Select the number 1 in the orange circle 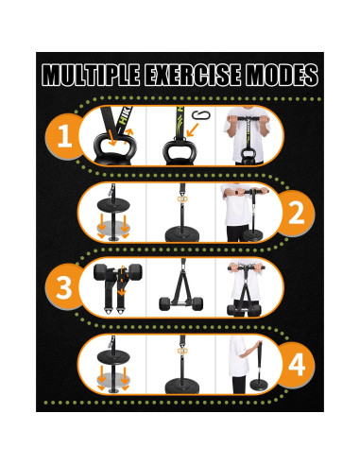click(64, 139)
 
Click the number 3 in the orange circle click(64, 287)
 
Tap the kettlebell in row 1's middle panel click(176, 150)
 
